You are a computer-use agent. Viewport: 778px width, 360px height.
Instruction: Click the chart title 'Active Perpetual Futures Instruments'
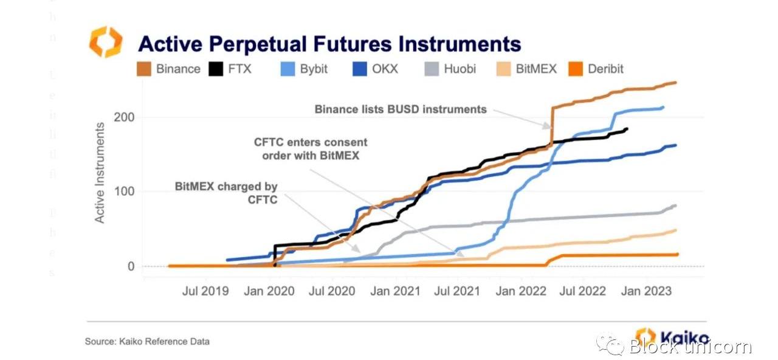tap(329, 44)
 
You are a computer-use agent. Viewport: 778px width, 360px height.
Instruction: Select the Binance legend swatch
tap(144, 69)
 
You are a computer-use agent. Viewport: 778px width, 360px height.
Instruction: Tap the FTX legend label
tap(239, 69)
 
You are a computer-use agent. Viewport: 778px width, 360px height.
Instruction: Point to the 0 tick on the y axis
tap(129, 266)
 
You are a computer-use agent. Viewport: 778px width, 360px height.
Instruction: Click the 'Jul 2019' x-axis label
tap(205, 291)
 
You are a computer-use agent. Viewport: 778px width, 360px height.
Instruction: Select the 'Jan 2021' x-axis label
tap(395, 291)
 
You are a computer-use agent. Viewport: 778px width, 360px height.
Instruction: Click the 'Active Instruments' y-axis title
tap(100, 173)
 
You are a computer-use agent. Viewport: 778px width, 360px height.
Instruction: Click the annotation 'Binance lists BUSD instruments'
tap(401, 109)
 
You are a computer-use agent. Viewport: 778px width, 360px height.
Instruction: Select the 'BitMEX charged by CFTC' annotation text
tap(226, 193)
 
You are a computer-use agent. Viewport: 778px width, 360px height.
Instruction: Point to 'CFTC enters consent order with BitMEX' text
tap(311, 148)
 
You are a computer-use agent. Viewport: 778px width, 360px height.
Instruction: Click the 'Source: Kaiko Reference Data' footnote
tap(147, 342)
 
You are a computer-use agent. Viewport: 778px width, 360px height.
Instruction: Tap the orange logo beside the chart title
tap(106, 42)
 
